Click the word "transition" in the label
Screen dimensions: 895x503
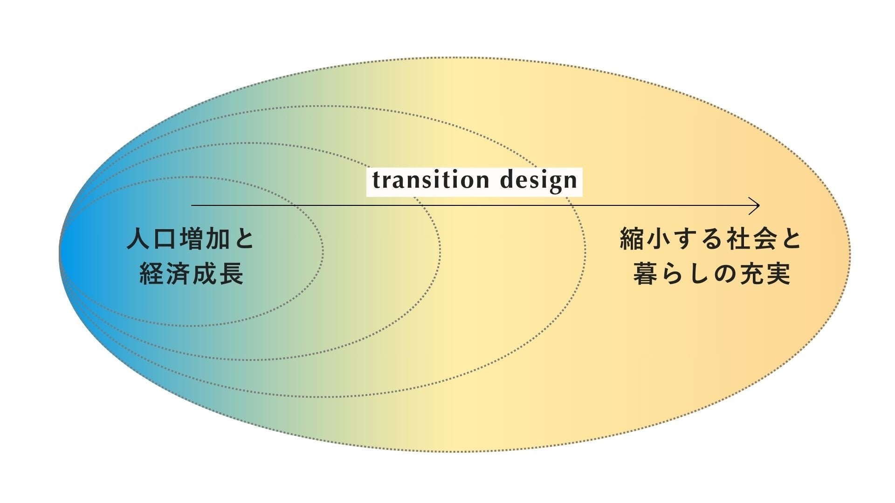point(430,180)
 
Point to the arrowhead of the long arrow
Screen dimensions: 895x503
point(757,205)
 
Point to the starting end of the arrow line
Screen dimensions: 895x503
point(192,205)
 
